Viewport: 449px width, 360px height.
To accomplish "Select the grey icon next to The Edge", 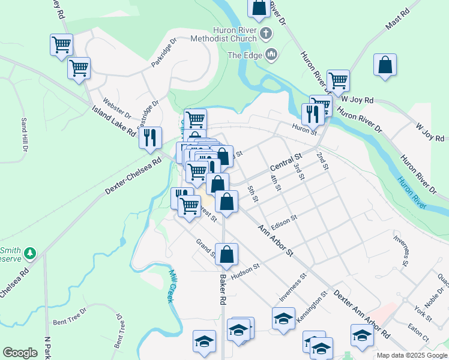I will (x=271, y=55).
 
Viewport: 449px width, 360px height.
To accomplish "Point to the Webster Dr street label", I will (x=117, y=106).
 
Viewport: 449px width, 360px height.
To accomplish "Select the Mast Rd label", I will (x=397, y=20).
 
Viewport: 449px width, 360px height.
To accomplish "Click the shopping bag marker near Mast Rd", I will (x=385, y=66).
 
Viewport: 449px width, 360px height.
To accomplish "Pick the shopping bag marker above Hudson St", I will (x=226, y=254).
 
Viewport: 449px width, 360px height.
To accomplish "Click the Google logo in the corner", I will (x=20, y=353).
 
